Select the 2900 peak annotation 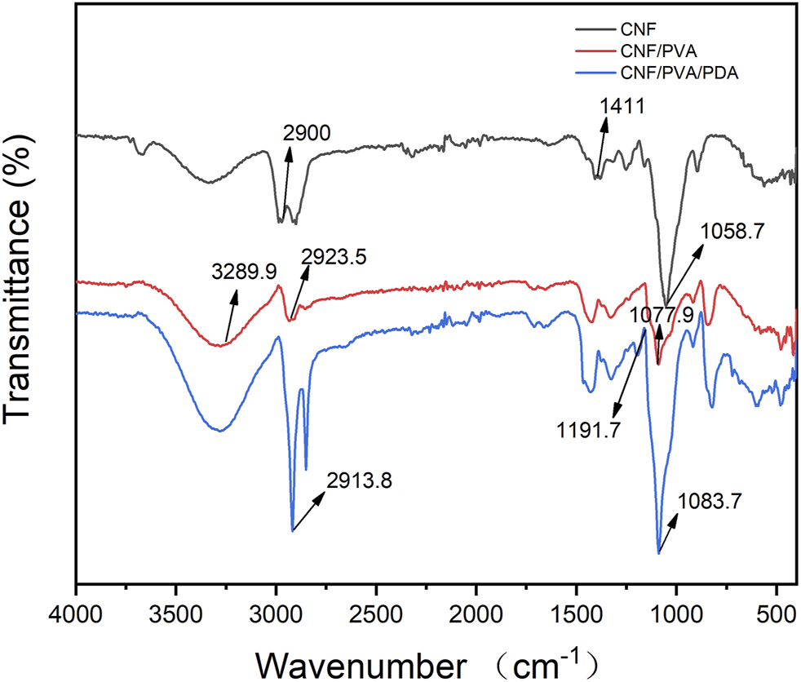point(307,134)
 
